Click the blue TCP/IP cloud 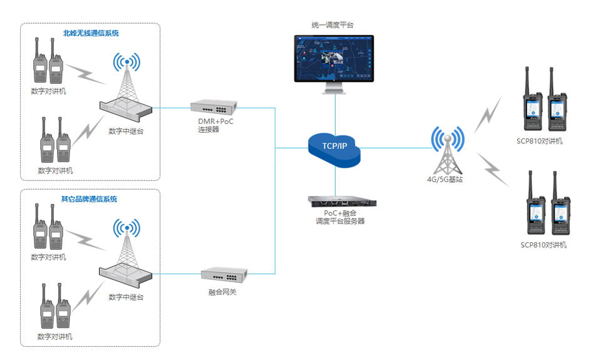[x=334, y=148]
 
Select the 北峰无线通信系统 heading [x=91, y=33]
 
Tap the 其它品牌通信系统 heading [x=89, y=199]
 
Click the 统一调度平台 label [x=333, y=25]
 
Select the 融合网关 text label [x=223, y=292]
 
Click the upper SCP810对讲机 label [x=542, y=141]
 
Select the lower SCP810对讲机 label [x=543, y=245]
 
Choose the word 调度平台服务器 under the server [x=340, y=222]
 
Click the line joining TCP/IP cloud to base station [x=394, y=148]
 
